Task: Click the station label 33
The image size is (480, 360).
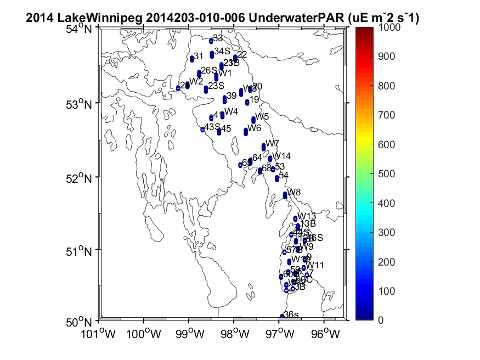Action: (218, 38)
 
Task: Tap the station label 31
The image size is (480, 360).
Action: (199, 56)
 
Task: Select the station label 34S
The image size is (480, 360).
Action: (222, 51)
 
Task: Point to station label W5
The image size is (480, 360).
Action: (262, 116)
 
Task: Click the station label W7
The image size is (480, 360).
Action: (273, 143)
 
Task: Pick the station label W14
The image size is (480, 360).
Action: (281, 156)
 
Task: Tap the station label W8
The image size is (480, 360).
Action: (294, 192)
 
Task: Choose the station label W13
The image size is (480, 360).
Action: (307, 216)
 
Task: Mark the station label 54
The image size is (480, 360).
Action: (284, 175)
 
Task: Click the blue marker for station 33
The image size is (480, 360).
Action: (211, 41)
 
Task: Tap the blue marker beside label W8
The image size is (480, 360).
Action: (285, 195)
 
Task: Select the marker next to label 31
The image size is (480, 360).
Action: (192, 58)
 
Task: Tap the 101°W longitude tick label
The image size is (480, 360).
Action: (99, 333)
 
